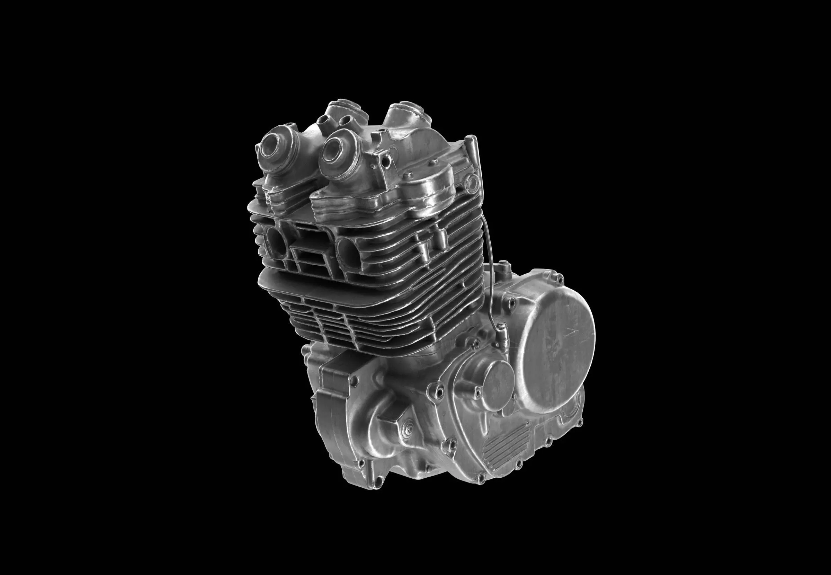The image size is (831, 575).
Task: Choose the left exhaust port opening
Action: (x=275, y=244)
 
